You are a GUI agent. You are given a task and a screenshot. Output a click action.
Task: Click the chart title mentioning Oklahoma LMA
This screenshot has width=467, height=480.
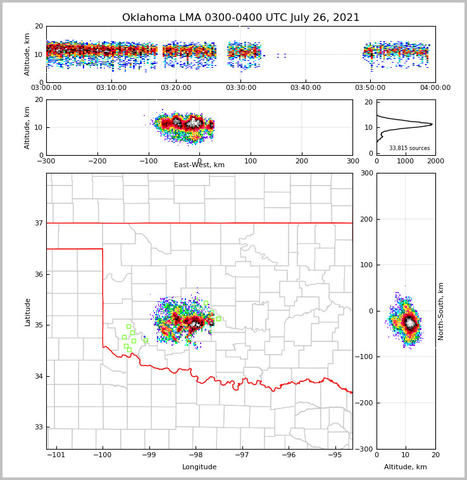240,18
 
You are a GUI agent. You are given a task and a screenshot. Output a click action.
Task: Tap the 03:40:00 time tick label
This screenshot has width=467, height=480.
306,88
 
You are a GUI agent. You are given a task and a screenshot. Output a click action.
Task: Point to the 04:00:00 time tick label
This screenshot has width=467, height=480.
435,88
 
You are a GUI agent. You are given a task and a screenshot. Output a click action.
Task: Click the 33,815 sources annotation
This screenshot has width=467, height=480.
409,148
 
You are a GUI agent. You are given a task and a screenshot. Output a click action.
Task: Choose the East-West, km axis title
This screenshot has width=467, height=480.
199,165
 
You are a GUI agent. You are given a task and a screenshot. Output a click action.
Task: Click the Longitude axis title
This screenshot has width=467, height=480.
199,467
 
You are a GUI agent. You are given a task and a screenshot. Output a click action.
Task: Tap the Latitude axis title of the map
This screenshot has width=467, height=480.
28,312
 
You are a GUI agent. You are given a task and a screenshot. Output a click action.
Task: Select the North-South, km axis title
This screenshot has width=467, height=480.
441,311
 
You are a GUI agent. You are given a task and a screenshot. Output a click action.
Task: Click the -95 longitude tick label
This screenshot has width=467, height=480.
335,455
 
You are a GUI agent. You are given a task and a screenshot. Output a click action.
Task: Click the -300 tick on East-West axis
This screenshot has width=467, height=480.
46,161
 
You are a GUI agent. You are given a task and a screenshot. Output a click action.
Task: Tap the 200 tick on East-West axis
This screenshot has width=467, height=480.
302,161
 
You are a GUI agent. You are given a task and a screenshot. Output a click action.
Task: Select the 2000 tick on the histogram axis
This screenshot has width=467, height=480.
435,161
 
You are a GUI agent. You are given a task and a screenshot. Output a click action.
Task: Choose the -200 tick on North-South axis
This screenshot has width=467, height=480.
363,403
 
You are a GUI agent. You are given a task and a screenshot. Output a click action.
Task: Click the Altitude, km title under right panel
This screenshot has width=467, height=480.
406,467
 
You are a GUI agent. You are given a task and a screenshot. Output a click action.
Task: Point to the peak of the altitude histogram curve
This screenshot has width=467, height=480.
432,124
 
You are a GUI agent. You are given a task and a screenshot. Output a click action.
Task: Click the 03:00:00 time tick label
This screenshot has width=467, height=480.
47,88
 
